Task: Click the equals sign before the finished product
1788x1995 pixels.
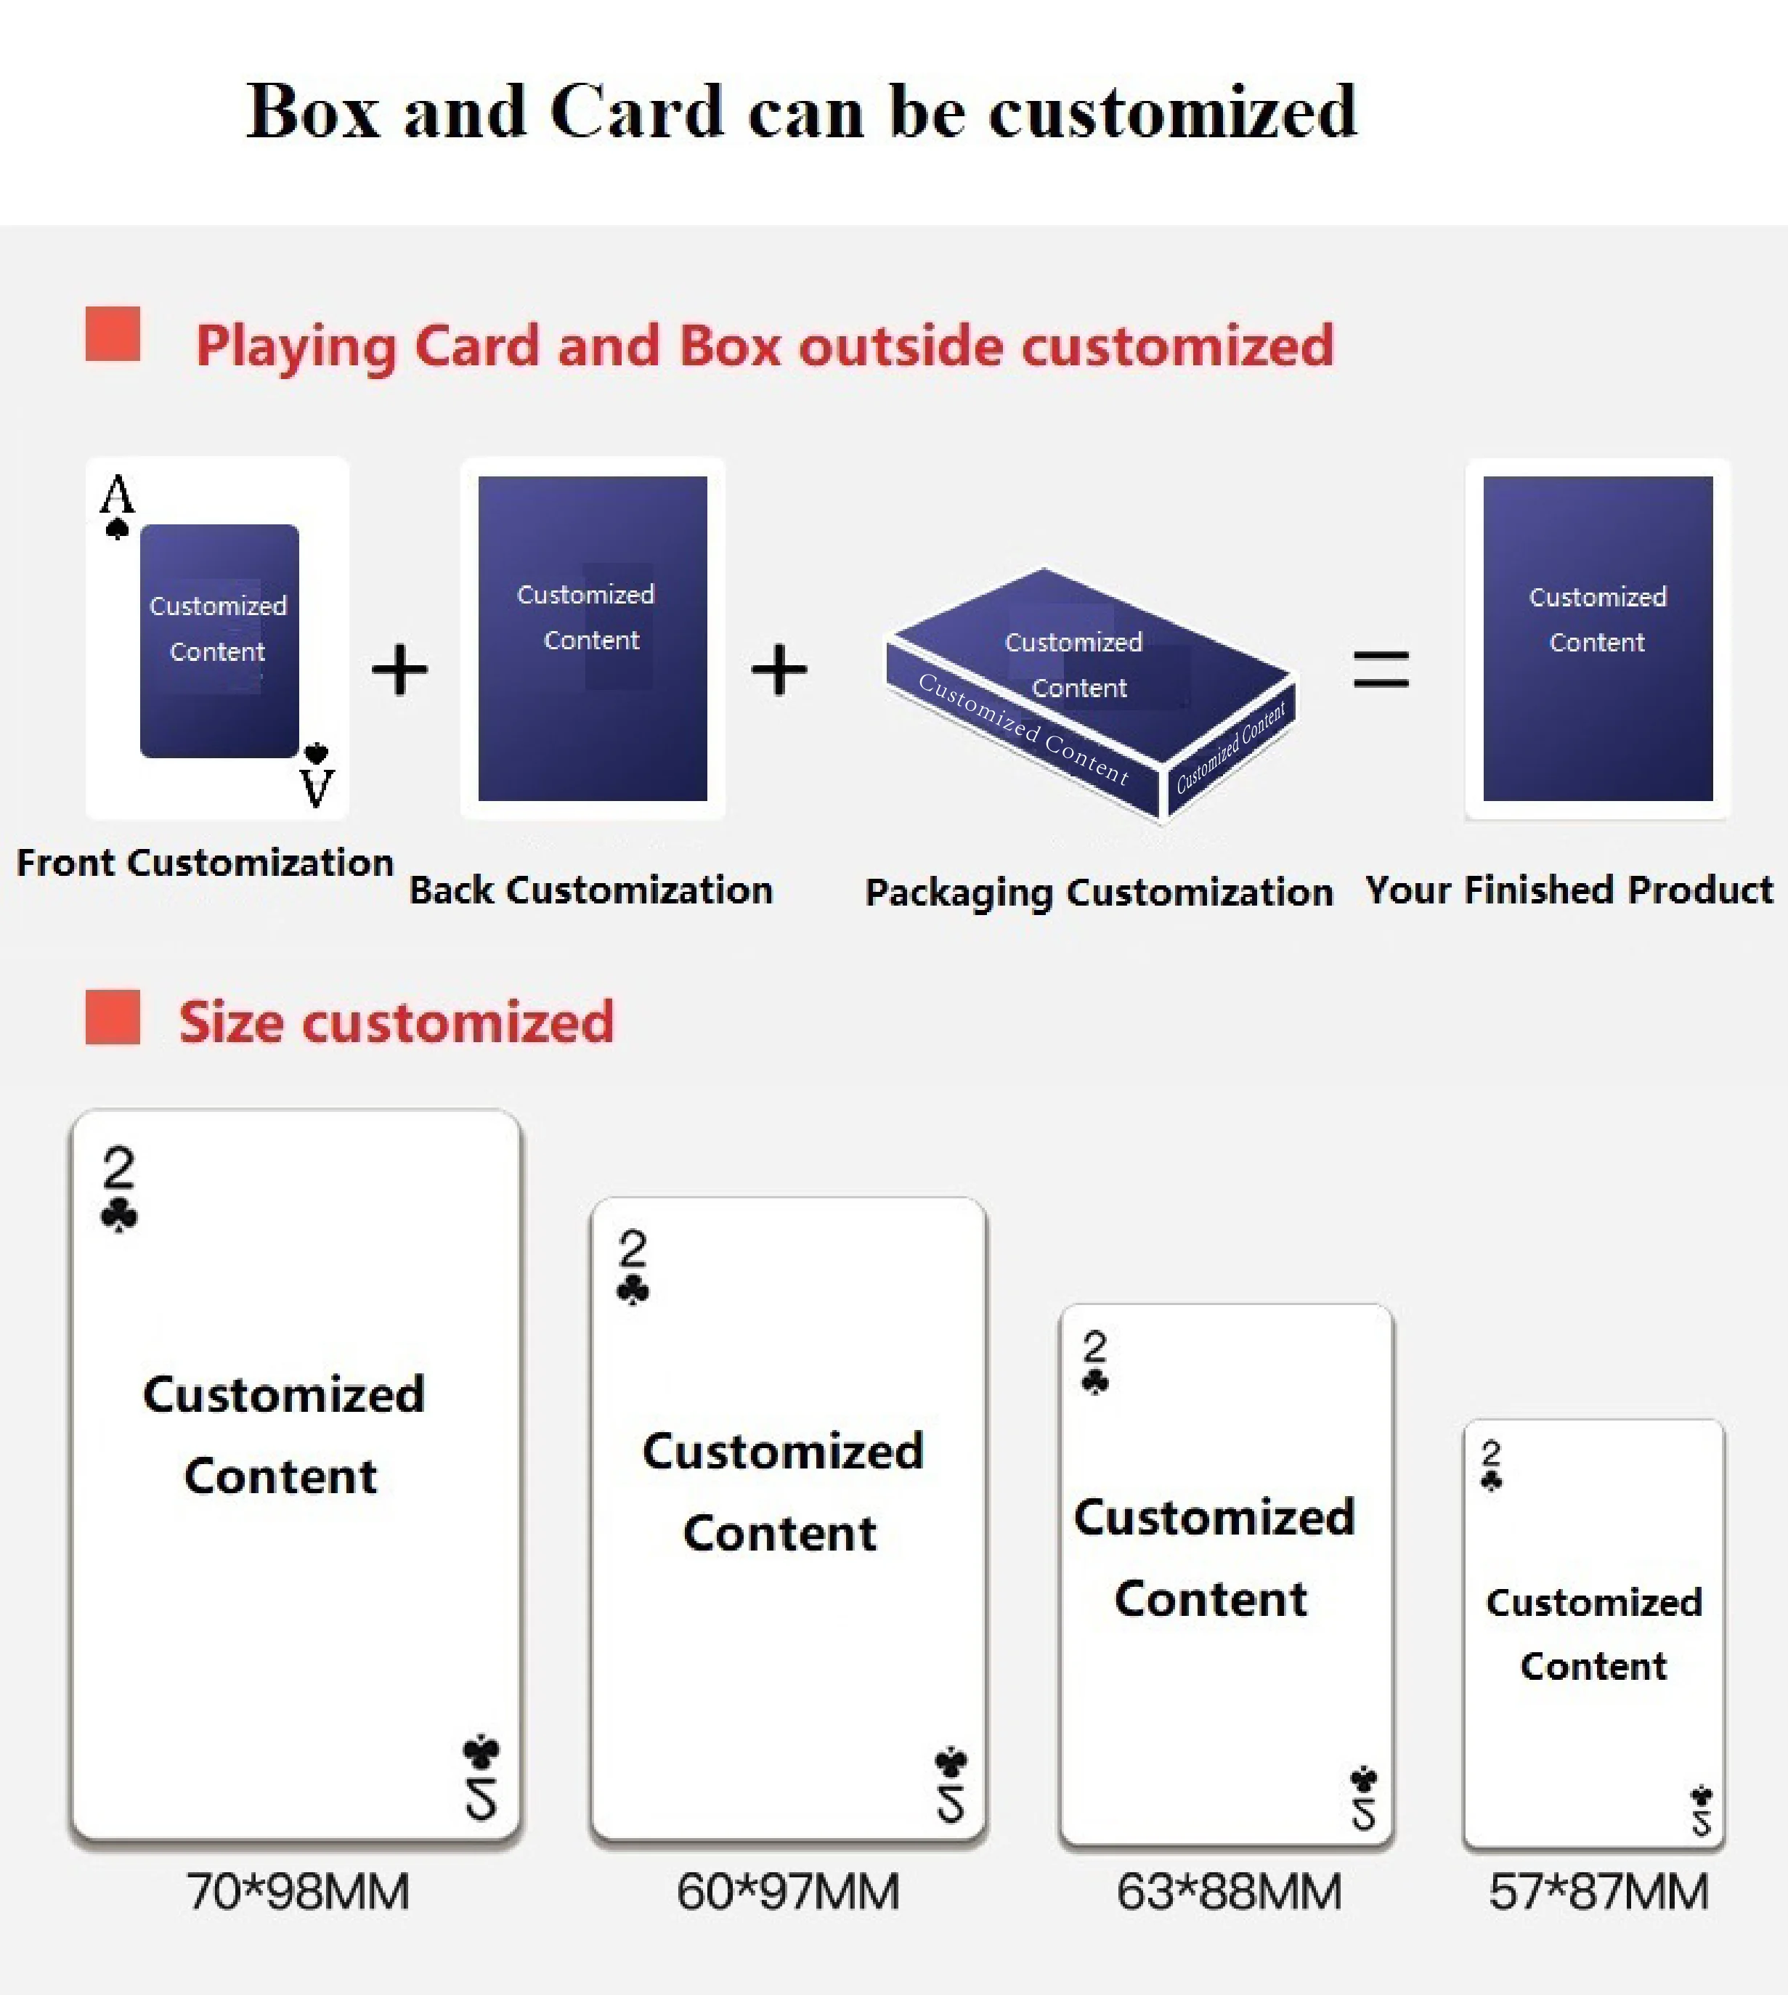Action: pos(1381,670)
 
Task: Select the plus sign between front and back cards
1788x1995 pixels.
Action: pos(399,670)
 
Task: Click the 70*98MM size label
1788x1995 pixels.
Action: pos(298,1891)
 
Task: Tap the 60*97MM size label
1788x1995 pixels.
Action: pos(788,1891)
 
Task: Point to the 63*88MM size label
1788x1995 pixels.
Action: pos(1229,1891)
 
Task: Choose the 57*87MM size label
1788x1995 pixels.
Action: pos(1598,1891)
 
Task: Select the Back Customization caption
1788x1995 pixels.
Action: pos(590,890)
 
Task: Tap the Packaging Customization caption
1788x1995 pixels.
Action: pos(1098,892)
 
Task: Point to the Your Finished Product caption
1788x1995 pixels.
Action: pos(1569,890)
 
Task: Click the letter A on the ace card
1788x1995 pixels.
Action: pos(117,494)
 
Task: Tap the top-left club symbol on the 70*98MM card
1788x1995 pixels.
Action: pos(119,1214)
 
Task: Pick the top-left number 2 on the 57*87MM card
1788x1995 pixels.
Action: pos(1491,1451)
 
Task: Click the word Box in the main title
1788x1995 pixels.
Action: pos(312,111)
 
